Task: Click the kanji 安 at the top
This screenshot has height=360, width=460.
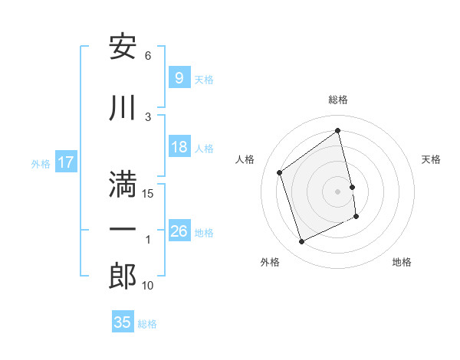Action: pyautogui.click(x=123, y=47)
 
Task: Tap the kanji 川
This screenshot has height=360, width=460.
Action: pyautogui.click(x=123, y=108)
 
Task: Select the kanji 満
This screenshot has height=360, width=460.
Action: pyautogui.click(x=123, y=185)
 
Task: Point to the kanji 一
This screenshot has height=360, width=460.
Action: pyautogui.click(x=123, y=230)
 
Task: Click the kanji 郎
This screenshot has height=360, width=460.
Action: pyautogui.click(x=123, y=276)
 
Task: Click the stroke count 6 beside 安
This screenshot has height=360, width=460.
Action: pyautogui.click(x=148, y=56)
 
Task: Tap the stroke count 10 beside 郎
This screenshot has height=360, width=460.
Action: pyautogui.click(x=148, y=286)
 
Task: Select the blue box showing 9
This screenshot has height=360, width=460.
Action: pyautogui.click(x=179, y=77)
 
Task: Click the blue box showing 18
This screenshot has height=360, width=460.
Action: pyautogui.click(x=179, y=147)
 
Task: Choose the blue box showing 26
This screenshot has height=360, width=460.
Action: pyautogui.click(x=179, y=231)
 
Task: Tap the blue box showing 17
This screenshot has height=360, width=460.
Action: pyautogui.click(x=65, y=162)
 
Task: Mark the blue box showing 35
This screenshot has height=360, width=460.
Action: pyautogui.click(x=123, y=322)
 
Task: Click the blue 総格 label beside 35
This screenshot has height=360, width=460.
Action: pyautogui.click(x=147, y=324)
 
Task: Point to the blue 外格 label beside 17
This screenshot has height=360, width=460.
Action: pyautogui.click(x=41, y=163)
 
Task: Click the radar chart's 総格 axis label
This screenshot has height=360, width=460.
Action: pyautogui.click(x=338, y=100)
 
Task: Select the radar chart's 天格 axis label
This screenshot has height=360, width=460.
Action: pyautogui.click(x=432, y=159)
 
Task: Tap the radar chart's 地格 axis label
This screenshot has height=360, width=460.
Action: pyautogui.click(x=402, y=262)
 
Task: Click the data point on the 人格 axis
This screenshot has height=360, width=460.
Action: pyautogui.click(x=280, y=172)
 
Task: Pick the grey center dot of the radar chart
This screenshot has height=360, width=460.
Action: pyautogui.click(x=338, y=191)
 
